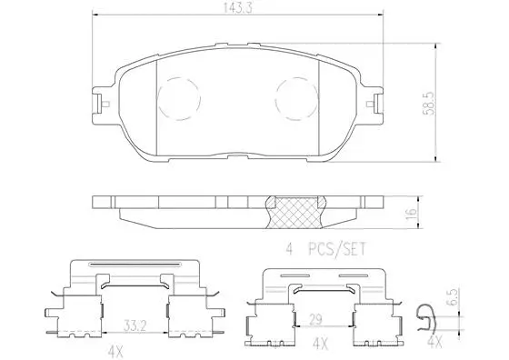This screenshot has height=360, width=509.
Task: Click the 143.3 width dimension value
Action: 238,9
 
